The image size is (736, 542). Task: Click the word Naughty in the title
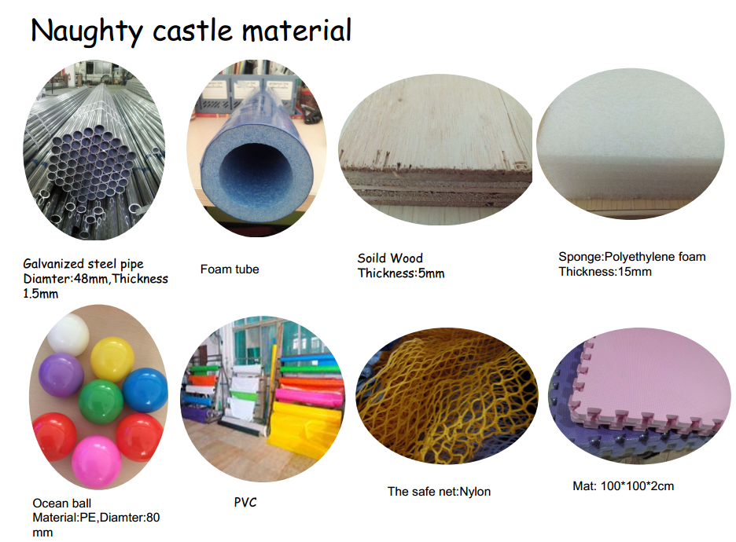click(86, 31)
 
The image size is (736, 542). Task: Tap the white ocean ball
click(68, 335)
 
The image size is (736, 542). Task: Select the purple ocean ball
click(61, 375)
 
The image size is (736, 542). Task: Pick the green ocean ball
click(101, 402)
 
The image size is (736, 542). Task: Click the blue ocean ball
click(145, 390)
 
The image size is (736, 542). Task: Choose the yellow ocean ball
click(112, 359)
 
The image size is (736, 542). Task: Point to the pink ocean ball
click(97, 462)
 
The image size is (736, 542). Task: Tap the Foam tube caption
click(230, 269)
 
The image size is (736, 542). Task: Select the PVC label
click(245, 502)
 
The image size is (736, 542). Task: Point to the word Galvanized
click(53, 264)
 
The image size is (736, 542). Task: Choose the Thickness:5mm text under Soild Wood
click(401, 273)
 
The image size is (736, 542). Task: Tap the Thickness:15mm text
click(605, 272)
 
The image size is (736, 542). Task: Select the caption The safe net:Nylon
click(439, 492)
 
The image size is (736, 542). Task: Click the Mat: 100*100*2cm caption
click(624, 486)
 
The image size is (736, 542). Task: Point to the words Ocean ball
click(62, 503)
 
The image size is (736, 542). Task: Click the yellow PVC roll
click(305, 425)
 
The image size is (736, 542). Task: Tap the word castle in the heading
click(193, 31)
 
